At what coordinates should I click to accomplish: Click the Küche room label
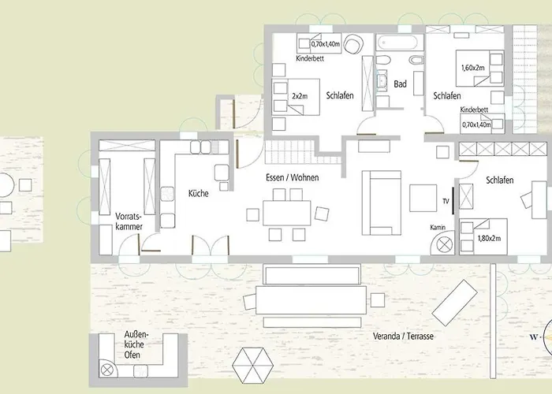(x=199, y=193)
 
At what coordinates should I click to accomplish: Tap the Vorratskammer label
(x=129, y=221)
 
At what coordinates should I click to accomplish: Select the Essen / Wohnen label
(x=293, y=177)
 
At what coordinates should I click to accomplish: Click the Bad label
(x=400, y=84)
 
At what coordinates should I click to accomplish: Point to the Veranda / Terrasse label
(x=403, y=336)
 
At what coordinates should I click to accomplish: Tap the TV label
(x=446, y=201)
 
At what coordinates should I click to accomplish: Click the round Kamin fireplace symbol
(x=444, y=244)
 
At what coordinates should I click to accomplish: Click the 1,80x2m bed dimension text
(x=489, y=238)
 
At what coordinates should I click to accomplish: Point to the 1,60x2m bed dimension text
(x=473, y=68)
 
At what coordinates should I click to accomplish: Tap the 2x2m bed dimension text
(x=300, y=95)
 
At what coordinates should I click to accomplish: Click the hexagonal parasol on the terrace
(x=253, y=365)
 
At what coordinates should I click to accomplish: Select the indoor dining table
(x=287, y=213)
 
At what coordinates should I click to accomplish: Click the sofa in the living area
(x=382, y=203)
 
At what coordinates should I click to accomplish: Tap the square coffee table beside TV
(x=423, y=198)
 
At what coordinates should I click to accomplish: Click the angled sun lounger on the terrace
(x=454, y=303)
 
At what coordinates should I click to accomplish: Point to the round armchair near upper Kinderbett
(x=353, y=44)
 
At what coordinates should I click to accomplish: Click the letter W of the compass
(x=534, y=337)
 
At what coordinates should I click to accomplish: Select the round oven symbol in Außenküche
(x=106, y=370)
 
